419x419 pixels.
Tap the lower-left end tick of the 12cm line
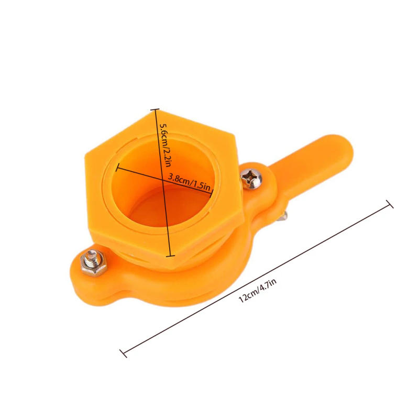coord(124,353)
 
